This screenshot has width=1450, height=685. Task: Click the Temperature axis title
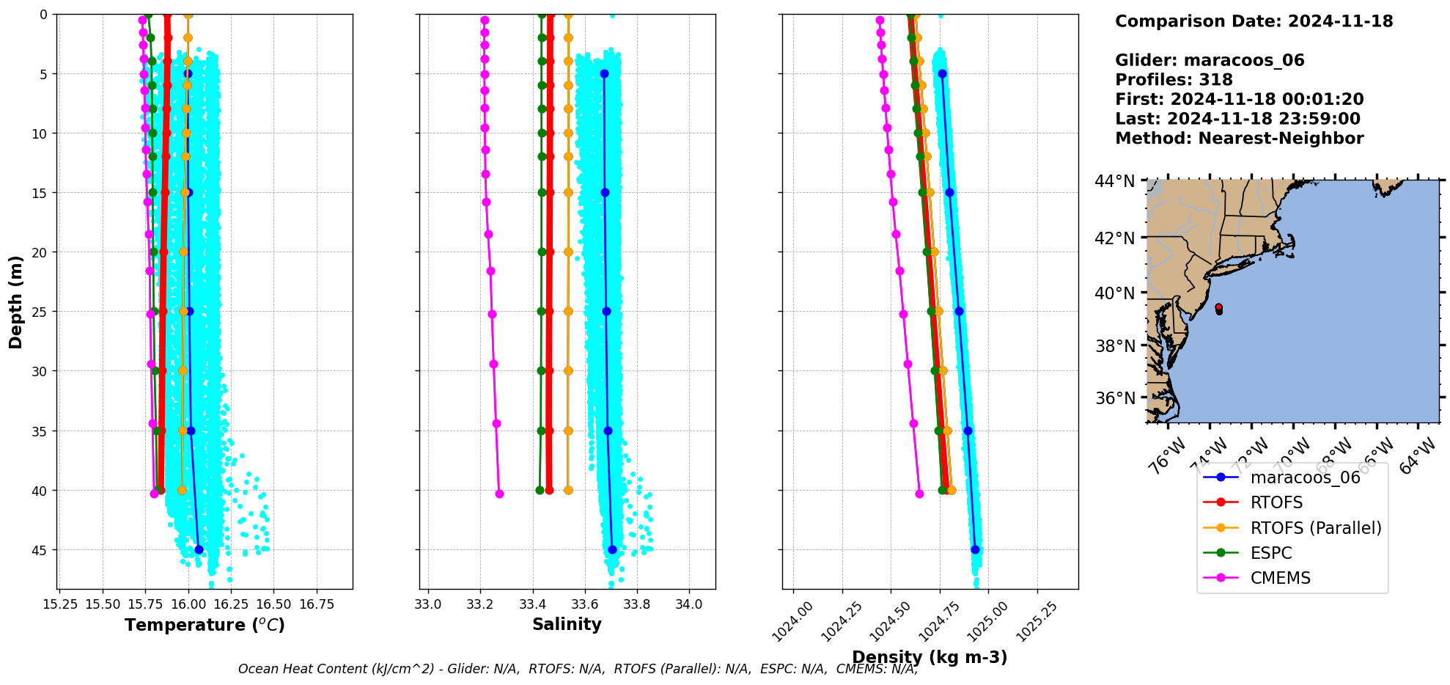(x=205, y=625)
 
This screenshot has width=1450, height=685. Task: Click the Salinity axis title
(x=567, y=624)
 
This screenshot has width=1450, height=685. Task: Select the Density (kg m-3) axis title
(x=930, y=657)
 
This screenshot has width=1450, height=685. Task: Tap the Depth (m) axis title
(x=15, y=301)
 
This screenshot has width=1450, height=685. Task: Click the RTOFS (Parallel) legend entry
(x=1315, y=528)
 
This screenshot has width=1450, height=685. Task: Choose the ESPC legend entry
(x=1270, y=553)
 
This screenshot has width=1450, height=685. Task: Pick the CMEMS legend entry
(x=1280, y=578)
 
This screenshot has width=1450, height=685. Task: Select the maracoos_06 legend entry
(x=1305, y=477)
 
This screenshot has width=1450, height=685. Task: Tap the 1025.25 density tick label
(x=1034, y=620)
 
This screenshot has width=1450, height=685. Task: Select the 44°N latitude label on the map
(x=1114, y=181)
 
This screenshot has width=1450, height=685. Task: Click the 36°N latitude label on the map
(x=1114, y=398)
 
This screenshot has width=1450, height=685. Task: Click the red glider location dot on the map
(x=1218, y=307)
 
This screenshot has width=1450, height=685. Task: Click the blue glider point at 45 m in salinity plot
(x=612, y=549)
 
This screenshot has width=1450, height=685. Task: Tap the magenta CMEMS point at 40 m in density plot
(x=919, y=494)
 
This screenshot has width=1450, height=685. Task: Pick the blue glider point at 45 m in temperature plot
(x=199, y=549)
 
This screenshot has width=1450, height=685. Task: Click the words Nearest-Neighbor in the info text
(x=1280, y=139)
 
